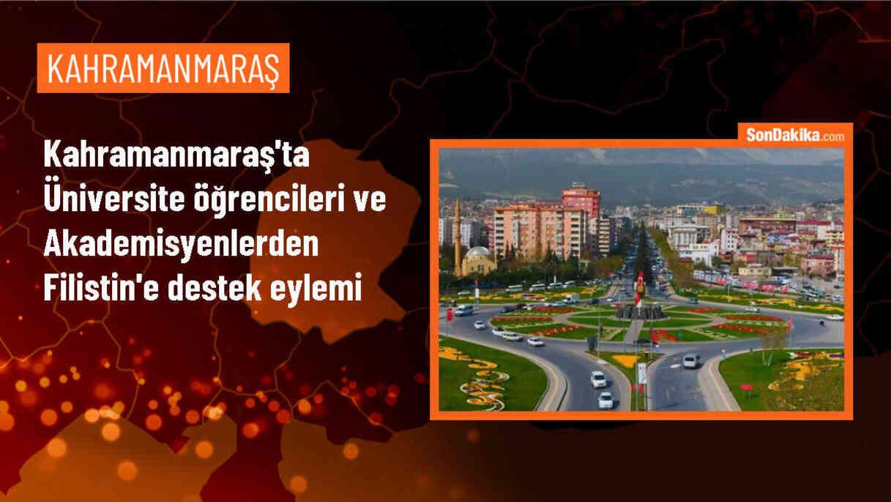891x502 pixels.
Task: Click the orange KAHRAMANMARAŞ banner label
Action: pos(163,68)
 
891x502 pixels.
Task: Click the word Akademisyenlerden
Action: pos(182,246)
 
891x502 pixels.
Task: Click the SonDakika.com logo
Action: pos(795,135)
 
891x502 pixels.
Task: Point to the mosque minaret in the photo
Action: pos(457,235)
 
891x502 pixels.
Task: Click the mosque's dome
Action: pos(477,253)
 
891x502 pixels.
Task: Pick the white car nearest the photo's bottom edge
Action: pos(605,400)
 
